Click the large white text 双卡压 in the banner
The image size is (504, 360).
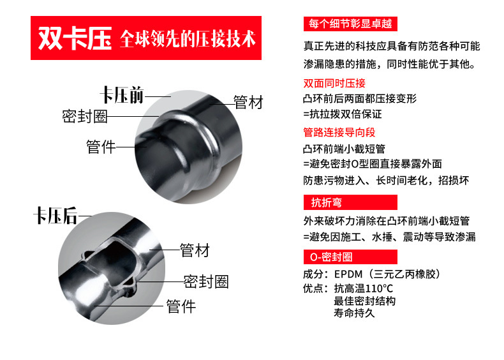[x=75, y=38]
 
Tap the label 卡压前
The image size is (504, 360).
[x=122, y=95]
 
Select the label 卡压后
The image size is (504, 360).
[x=56, y=216]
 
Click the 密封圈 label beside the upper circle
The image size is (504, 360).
[x=85, y=116]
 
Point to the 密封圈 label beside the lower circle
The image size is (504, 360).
[x=206, y=282]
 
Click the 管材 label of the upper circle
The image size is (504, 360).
[x=248, y=102]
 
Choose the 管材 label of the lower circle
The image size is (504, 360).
[x=195, y=250]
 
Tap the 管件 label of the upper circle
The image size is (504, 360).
[x=101, y=147]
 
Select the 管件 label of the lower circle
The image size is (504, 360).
[x=181, y=306]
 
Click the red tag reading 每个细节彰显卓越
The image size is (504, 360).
[x=350, y=24]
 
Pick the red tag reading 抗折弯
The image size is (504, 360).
[x=350, y=202]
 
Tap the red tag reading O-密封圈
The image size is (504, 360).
[x=350, y=257]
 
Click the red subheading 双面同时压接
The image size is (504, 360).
[x=334, y=84]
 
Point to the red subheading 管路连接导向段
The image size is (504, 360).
[x=339, y=132]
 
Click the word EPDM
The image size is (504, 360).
[x=348, y=274]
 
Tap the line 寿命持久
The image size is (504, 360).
[x=354, y=313]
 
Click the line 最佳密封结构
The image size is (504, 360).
[x=364, y=301]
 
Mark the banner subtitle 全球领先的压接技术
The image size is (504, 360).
[x=188, y=39]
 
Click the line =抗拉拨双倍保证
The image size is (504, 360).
[x=343, y=114]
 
